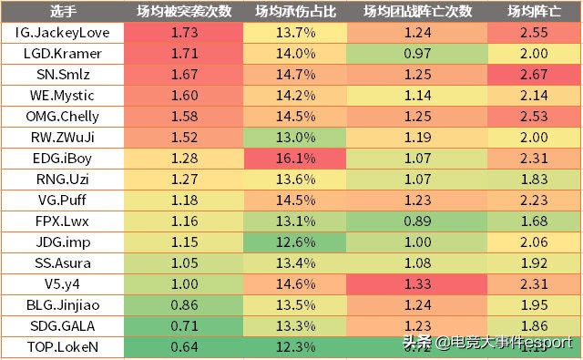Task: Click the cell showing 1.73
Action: [x=184, y=33]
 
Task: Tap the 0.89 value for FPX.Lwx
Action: [x=420, y=221]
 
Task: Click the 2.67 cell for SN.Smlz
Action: [x=534, y=75]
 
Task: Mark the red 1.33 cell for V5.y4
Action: [x=420, y=284]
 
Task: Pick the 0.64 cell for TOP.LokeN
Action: [x=184, y=347]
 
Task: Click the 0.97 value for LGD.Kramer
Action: [x=420, y=54]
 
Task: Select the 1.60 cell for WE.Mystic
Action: [x=184, y=96]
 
